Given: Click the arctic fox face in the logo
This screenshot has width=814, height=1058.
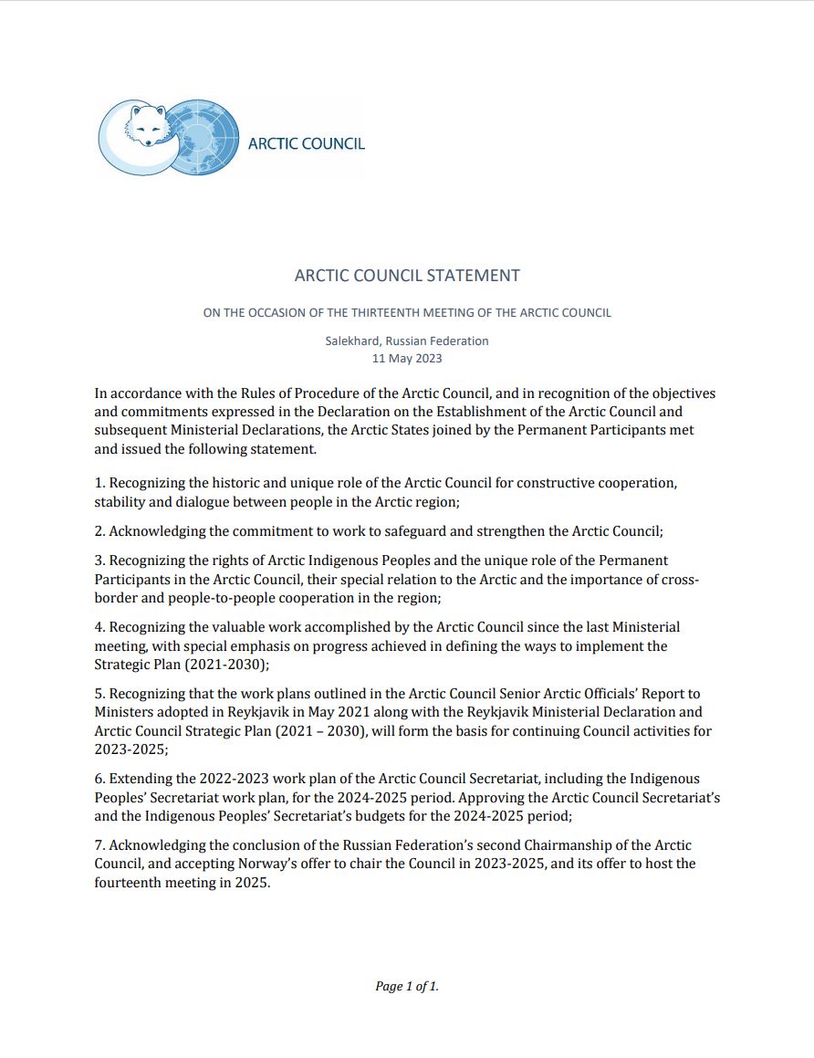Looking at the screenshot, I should [x=147, y=125].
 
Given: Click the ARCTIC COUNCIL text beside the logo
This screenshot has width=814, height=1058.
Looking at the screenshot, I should [x=307, y=143].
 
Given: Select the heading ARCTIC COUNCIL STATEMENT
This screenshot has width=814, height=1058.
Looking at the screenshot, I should [x=407, y=276].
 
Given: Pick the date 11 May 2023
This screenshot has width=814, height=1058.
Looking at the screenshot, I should [x=407, y=358].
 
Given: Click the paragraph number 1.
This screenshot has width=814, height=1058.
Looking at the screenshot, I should [x=99, y=482].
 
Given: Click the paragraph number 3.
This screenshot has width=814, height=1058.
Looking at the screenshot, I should [x=99, y=560].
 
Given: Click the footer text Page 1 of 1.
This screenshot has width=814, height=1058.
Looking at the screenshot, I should [x=407, y=986].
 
